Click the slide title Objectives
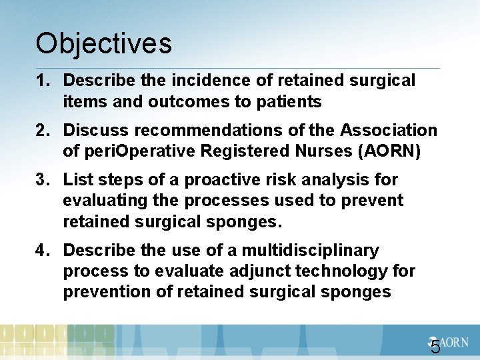pos(104,44)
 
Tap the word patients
pos(291,102)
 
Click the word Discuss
pos(95,131)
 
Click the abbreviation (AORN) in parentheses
pos(390,151)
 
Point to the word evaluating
pos(105,201)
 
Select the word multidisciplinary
pos(310,251)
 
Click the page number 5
pos(435,347)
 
